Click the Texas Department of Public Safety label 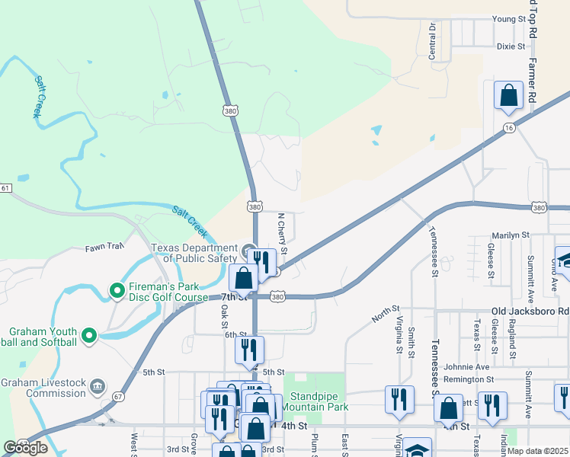click(194, 253)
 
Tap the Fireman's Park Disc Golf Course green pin click(117, 290)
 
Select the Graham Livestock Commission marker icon click(98, 386)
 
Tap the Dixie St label click(511, 46)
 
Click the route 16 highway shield click(508, 129)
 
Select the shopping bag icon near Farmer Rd click(508, 97)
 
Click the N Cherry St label click(283, 233)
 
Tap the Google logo click(25, 448)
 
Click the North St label click(386, 310)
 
